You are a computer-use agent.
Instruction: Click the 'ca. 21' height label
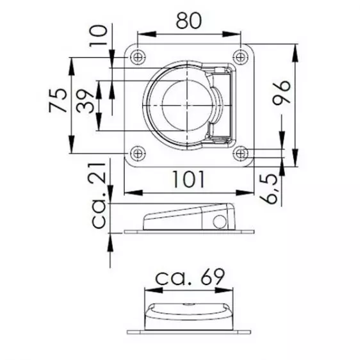pos(100,195)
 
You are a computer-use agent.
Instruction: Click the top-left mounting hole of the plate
pos(137,57)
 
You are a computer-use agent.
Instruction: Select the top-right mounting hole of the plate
pos(240,57)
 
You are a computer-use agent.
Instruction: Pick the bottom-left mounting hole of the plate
pos(137,154)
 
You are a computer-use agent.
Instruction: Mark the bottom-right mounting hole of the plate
pos(240,154)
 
